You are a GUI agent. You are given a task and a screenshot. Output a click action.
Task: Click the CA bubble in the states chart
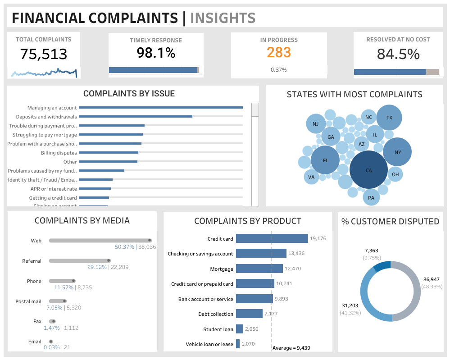(368, 170)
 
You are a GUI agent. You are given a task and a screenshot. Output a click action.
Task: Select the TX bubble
(389, 117)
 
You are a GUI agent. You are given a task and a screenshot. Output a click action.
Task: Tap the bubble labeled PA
(371, 197)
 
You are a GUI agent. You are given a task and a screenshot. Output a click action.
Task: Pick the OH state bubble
(395, 174)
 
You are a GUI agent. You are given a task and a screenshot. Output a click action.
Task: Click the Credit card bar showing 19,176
(272, 239)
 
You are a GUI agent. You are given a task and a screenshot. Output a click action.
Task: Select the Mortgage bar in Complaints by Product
(259, 269)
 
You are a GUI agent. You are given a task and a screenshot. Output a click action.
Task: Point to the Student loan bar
(240, 329)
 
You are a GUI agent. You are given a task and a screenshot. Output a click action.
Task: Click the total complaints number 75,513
(43, 55)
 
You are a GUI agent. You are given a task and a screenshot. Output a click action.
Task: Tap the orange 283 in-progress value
(279, 53)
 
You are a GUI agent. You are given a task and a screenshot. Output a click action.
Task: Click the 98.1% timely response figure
(156, 53)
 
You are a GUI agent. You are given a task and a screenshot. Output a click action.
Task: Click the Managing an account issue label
(52, 108)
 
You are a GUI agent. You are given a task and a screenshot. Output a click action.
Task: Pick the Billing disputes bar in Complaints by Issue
(109, 153)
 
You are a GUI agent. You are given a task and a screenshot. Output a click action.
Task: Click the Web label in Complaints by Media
(36, 241)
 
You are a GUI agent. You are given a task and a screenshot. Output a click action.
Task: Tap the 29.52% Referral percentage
(97, 267)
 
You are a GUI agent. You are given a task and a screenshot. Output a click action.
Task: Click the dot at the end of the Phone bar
(74, 281)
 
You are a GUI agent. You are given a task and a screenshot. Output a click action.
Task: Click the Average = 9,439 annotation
(291, 347)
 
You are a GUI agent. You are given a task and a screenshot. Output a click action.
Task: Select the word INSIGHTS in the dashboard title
(223, 18)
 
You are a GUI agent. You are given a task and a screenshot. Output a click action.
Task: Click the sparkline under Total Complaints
(43, 72)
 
